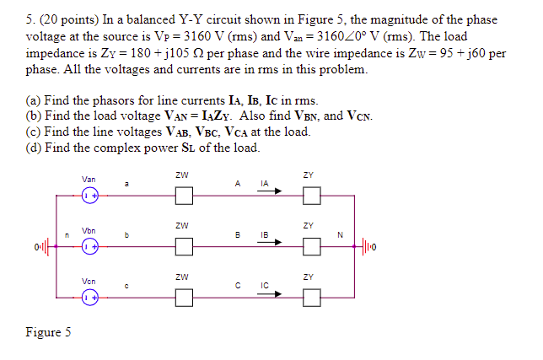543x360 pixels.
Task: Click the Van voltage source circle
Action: (89, 197)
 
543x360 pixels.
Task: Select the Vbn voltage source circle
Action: (89, 248)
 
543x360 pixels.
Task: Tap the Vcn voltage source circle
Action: (89, 298)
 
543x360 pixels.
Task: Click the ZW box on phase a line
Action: (184, 197)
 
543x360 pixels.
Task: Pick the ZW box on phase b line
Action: (184, 248)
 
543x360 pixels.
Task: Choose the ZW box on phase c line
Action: (184, 298)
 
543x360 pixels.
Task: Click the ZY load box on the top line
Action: (312, 197)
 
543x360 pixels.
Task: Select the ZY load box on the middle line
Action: (312, 248)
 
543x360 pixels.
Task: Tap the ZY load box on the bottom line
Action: (312, 298)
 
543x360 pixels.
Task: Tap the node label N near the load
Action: (339, 236)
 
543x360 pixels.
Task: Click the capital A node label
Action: (239, 183)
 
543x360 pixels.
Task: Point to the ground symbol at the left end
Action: (42, 248)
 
